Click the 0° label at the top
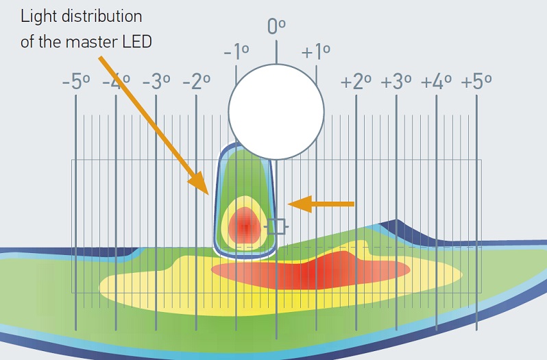point(276,26)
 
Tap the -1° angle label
point(236,52)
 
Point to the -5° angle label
point(75,83)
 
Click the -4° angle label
point(116,83)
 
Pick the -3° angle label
point(156,83)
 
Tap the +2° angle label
point(356,83)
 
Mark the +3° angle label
point(396,83)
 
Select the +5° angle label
point(476,83)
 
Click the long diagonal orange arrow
point(154,124)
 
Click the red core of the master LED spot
point(244,224)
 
